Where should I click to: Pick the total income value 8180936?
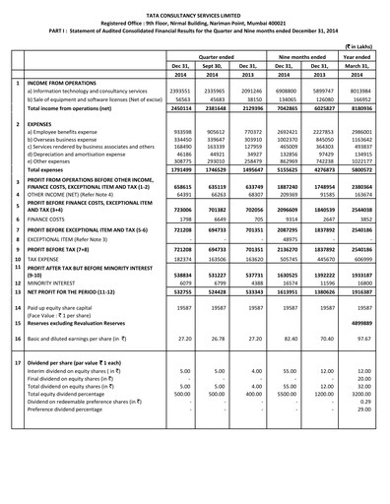coord(361,107)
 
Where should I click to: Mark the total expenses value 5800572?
coord(361,170)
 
